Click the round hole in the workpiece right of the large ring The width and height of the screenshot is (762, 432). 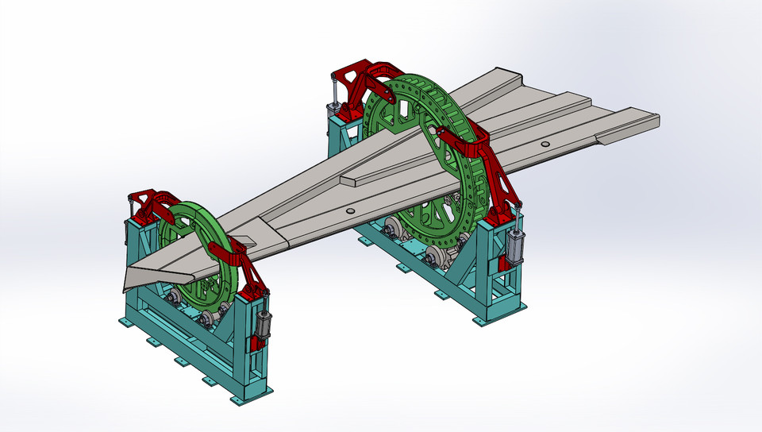pyautogui.click(x=545, y=144)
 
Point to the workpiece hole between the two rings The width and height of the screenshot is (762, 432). pyautogui.click(x=350, y=211)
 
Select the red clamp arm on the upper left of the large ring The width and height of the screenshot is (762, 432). pyautogui.click(x=368, y=79)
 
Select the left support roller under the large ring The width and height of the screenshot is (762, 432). pyautogui.click(x=391, y=232)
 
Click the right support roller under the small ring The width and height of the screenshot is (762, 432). pyautogui.click(x=208, y=318)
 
